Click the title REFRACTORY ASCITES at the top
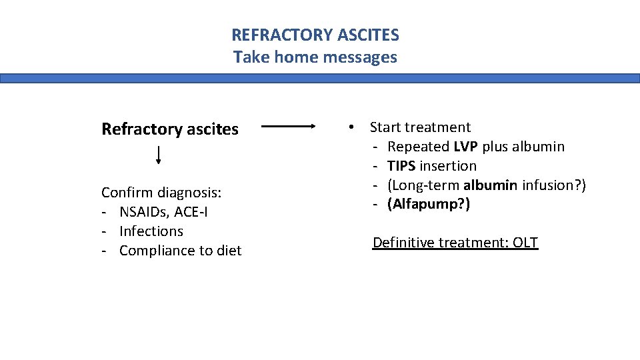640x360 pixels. (x=315, y=35)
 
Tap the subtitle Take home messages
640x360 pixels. (x=315, y=57)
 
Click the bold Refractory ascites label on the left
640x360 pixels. (x=169, y=129)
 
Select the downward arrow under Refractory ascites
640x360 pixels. (x=159, y=155)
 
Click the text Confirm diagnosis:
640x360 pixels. (x=161, y=193)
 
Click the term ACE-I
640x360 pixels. (x=191, y=212)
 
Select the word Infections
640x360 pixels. (x=151, y=231)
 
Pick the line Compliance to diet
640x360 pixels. (x=180, y=251)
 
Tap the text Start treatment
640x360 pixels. (x=420, y=127)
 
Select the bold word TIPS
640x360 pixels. (x=401, y=165)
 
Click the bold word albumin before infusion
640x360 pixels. (x=490, y=185)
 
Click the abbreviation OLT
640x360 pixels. (x=525, y=242)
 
